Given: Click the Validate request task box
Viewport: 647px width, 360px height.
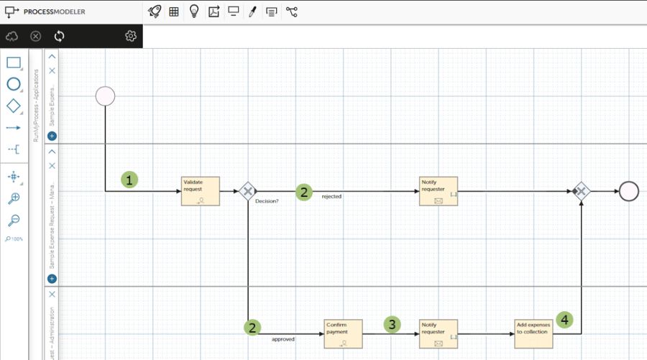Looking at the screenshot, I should click(x=200, y=191).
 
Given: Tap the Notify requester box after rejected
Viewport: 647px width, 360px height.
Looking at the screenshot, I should click(x=439, y=191).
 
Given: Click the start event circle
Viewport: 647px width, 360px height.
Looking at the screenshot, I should click(x=105, y=96).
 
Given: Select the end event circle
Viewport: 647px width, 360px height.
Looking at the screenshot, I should click(x=628, y=191).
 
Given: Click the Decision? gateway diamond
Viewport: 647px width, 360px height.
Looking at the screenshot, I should click(x=247, y=191).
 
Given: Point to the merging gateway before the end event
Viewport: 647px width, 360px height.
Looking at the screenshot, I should click(x=581, y=191).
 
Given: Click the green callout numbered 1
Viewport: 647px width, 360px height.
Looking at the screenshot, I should click(x=129, y=180).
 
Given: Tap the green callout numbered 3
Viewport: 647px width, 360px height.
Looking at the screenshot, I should click(x=391, y=324).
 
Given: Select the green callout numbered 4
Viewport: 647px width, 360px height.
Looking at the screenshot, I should click(x=566, y=319).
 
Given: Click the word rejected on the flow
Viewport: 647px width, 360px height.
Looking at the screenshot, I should click(x=331, y=196).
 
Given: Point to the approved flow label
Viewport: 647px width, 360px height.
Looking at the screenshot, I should click(x=283, y=339).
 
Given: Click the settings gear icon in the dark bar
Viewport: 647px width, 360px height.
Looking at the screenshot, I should click(x=130, y=36).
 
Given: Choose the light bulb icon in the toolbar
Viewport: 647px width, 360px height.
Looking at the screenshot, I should click(x=194, y=11).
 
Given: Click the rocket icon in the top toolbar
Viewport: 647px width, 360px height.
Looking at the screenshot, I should click(x=154, y=11).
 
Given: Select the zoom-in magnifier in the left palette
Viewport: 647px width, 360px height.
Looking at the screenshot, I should click(x=14, y=198).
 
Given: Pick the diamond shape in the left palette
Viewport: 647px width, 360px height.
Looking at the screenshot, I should click(x=14, y=106).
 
